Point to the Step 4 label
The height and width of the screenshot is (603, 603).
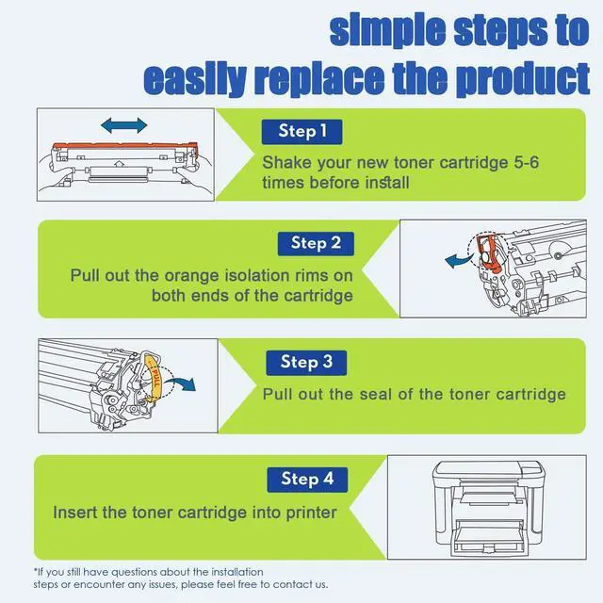tap(306, 479)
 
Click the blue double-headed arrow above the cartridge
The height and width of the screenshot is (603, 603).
tap(123, 124)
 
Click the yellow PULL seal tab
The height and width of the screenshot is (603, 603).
tap(158, 381)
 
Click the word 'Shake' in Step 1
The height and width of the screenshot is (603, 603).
tap(286, 162)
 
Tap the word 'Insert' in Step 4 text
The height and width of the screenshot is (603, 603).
tap(75, 513)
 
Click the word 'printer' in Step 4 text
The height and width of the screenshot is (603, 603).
tap(307, 513)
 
